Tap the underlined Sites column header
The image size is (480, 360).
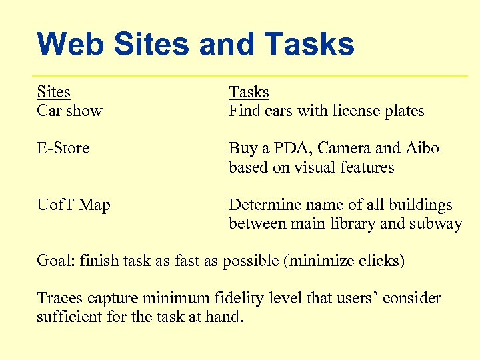[x=53, y=92]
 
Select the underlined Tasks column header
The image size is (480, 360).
[x=249, y=92]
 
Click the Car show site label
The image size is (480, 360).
[x=69, y=111]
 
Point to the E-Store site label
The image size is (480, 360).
[x=63, y=148]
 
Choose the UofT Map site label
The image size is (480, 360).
[x=73, y=205]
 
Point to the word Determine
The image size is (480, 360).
[x=262, y=205]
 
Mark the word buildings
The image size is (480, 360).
[x=422, y=205]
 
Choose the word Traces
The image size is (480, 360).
[x=59, y=298]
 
